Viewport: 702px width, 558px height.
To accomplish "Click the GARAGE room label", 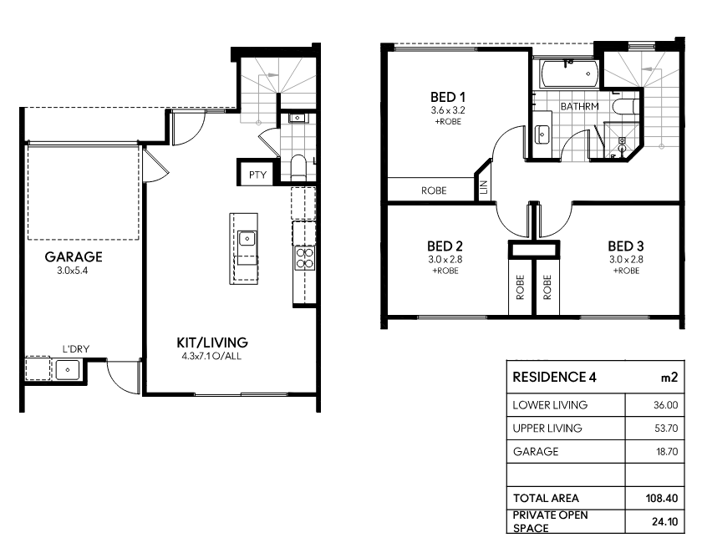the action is pos(74,256).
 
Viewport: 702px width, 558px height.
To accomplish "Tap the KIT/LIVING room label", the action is pos(212,342).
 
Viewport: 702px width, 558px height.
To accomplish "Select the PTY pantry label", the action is pos(258,175).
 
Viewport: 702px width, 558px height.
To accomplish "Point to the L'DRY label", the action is pos(76,349).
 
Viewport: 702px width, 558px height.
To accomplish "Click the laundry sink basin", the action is pos(68,370).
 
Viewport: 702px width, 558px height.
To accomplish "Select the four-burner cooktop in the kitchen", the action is pos(305,258).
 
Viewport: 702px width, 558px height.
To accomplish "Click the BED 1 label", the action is pos(448,97).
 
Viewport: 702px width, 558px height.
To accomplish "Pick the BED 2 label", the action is pos(445,246).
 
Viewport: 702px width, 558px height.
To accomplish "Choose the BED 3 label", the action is pos(626,246).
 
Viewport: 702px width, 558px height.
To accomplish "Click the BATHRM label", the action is pos(579,106).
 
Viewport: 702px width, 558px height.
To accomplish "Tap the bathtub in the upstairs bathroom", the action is pos(569,74).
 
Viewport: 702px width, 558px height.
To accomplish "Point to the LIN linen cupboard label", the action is pos(483,187).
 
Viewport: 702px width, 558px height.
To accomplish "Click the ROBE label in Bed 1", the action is pos(434,190).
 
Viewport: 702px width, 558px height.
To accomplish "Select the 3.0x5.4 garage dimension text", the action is pos(73,271).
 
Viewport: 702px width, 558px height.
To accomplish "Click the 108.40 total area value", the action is pos(662,498).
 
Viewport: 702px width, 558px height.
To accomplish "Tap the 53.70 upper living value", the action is pos(666,429).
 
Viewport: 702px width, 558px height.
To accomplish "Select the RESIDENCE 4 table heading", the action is pos(554,378).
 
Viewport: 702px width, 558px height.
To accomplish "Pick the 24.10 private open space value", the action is pos(665,521).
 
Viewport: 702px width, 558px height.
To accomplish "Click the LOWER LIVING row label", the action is pos(550,405).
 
